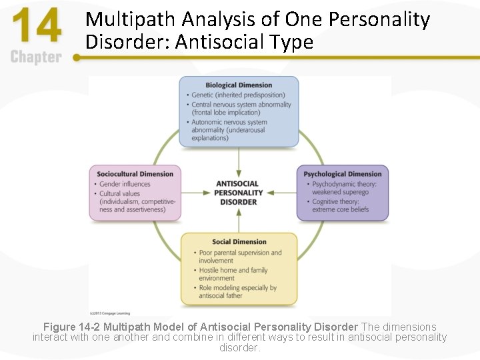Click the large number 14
(37, 27)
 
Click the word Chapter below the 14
(35, 57)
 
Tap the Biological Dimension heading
(239, 85)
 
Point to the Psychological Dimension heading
(343, 174)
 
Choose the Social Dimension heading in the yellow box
(239, 241)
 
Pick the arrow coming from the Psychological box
(283, 193)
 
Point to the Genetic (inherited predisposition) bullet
(238, 95)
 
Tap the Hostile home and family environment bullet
(233, 274)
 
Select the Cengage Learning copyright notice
(110, 313)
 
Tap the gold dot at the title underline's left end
(77, 58)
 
